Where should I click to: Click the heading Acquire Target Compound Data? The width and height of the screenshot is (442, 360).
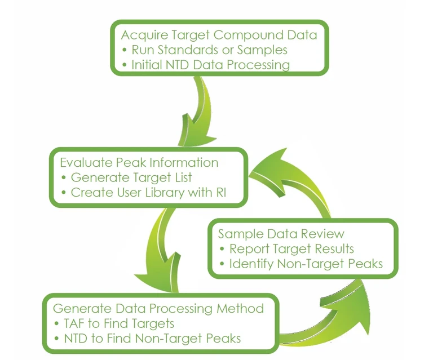pyautogui.click(x=219, y=35)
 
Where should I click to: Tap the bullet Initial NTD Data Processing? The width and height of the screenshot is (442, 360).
pyautogui.click(x=210, y=65)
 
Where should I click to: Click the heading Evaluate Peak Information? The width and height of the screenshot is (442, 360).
pyautogui.click(x=139, y=163)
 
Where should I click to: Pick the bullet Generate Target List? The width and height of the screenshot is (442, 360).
pyautogui.click(x=131, y=177)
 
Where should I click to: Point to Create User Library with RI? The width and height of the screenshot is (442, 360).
pyautogui.click(x=151, y=193)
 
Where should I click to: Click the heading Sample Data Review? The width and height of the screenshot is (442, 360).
pyautogui.click(x=281, y=234)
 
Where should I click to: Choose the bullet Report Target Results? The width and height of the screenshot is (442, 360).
pyautogui.click(x=291, y=248)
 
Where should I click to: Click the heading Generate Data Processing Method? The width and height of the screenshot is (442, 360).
pyautogui.click(x=158, y=309)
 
